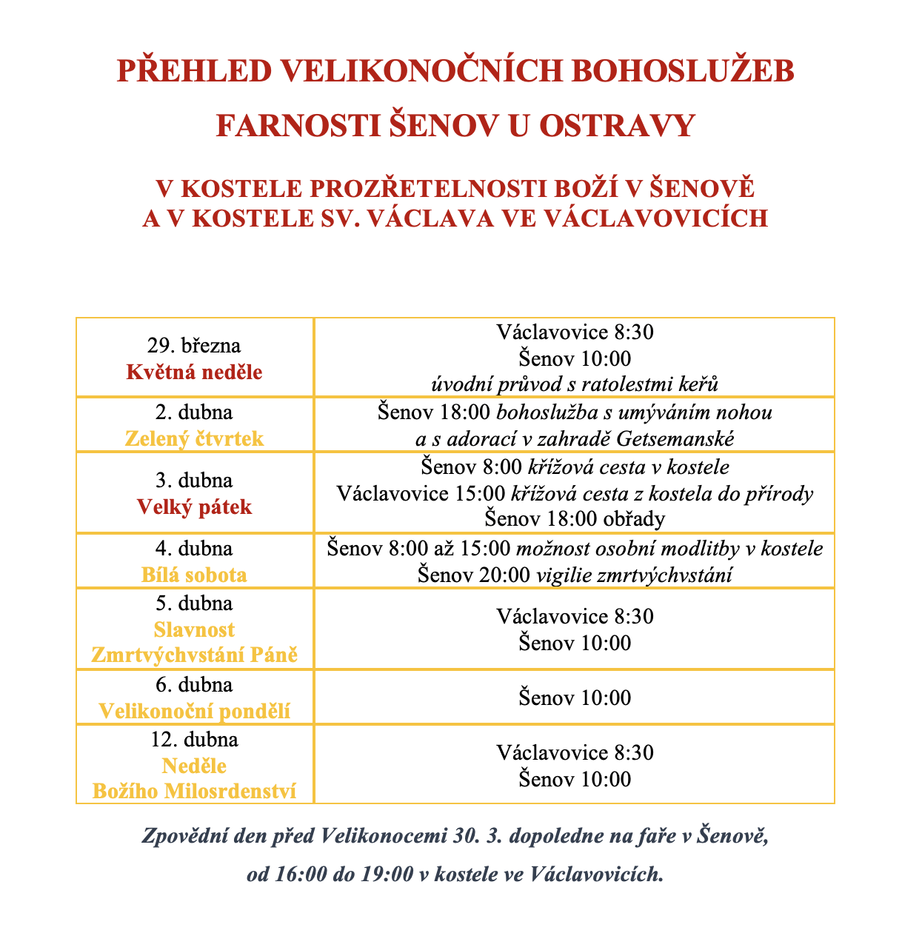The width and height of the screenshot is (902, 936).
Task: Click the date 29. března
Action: click(x=194, y=345)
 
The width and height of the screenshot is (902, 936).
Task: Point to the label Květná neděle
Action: click(x=194, y=372)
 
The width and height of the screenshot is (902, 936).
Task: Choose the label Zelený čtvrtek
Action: click(x=194, y=438)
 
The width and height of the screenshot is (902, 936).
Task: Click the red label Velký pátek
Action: click(x=194, y=507)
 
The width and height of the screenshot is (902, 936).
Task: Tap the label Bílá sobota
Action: click(x=194, y=575)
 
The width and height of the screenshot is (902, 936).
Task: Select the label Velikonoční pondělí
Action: click(x=194, y=712)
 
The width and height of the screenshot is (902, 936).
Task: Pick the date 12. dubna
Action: click(x=194, y=739)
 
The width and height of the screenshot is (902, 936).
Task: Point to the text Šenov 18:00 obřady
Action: click(x=575, y=518)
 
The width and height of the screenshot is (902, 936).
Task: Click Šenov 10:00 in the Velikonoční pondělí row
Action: click(x=575, y=698)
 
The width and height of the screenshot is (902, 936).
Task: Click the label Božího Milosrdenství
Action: click(x=194, y=791)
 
